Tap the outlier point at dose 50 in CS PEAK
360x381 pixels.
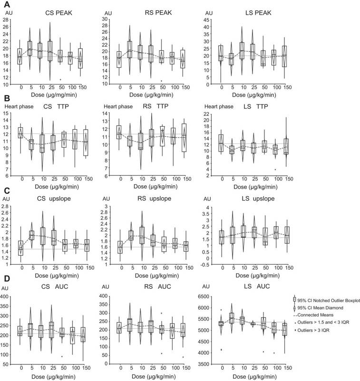click(x=60, y=79)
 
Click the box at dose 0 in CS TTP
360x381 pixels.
click(x=20, y=133)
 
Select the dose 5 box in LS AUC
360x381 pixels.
click(x=232, y=324)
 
